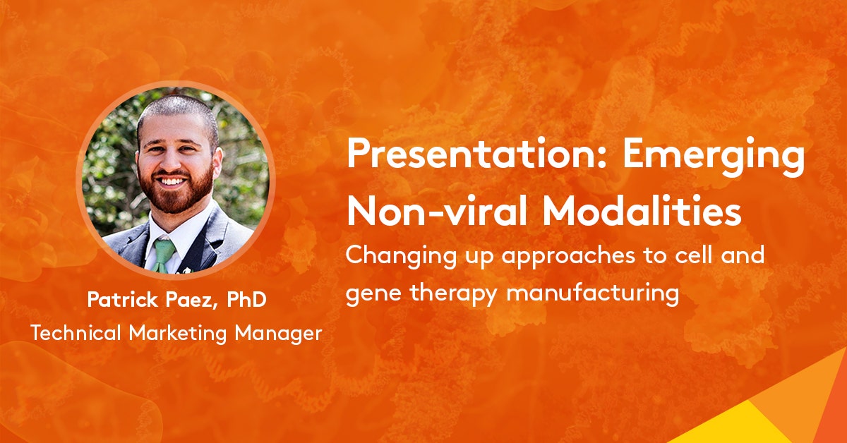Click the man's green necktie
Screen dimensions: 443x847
click(163, 255)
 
